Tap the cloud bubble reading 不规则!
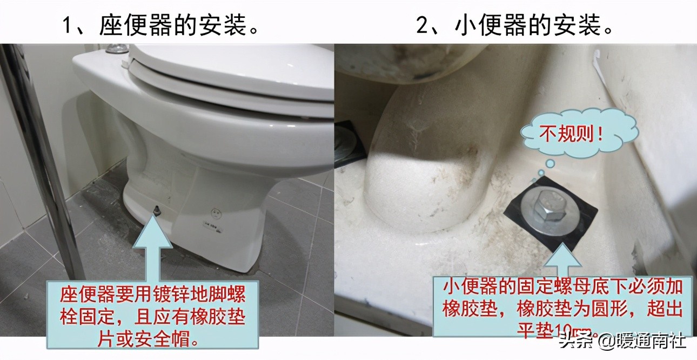click(x=571, y=135)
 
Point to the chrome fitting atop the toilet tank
click(x=116, y=49)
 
